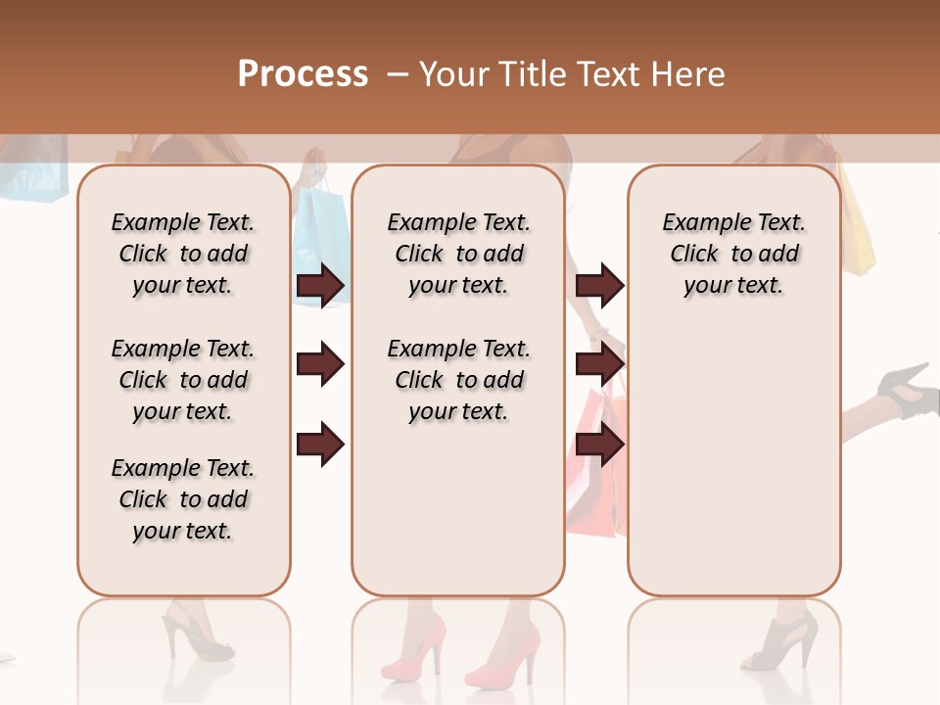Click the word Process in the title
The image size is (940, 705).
point(303,73)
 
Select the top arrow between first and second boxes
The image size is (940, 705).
point(320,285)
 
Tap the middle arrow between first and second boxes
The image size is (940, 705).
point(320,365)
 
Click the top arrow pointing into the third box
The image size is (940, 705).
point(599,285)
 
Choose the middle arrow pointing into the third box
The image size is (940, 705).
point(599,365)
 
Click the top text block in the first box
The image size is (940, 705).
point(182,254)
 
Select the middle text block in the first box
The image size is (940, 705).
point(182,380)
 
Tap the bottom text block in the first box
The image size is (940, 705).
point(182,499)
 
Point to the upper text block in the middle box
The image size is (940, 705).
point(458,254)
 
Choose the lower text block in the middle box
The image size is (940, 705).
point(458,380)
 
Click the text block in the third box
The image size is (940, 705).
point(733,254)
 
